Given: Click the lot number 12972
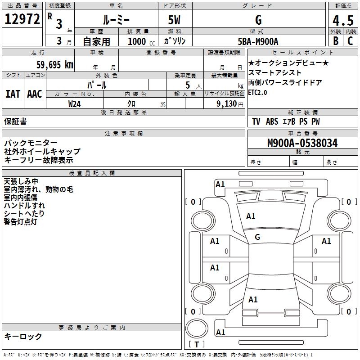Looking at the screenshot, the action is point(22,19).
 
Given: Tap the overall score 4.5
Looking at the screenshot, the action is point(343,20).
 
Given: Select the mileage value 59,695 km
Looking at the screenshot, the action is point(55,65).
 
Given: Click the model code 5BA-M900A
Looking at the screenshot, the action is point(258,41).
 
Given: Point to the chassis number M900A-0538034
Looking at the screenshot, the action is point(302,143).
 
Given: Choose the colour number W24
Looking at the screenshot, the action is point(74,104).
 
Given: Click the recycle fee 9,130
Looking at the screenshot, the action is point(227,104).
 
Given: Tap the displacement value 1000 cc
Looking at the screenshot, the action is point(141,41).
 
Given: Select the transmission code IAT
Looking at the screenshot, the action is point(13,94).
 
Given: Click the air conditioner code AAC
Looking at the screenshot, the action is point(35,94).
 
